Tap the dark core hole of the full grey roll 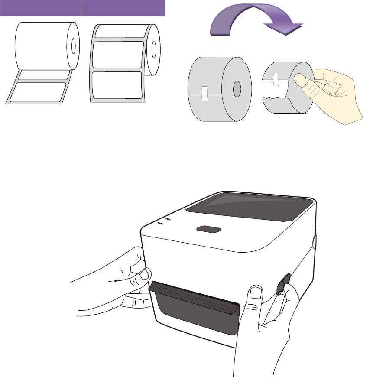click(x=237, y=90)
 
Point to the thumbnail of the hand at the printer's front click(x=256, y=293)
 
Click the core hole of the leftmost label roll click(x=73, y=45)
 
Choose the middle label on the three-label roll click(x=117, y=55)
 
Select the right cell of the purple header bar click(x=123, y=8)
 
